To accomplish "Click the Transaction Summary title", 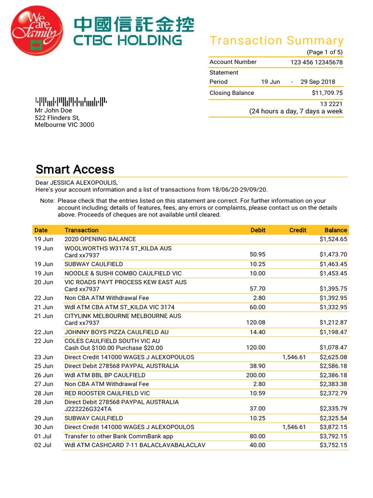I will tap(276, 41).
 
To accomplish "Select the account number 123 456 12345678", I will tap(316, 62).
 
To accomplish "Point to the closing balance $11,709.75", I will tap(327, 93).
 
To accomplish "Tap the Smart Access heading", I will tap(75, 169).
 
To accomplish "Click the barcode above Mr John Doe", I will tap(71, 102).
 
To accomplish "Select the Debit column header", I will tap(258, 230).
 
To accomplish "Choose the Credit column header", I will tap(298, 230).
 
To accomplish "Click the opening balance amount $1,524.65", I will tap(333, 239).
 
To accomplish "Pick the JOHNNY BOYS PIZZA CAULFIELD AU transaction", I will tap(117, 332).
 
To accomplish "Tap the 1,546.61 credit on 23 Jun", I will tap(294, 357).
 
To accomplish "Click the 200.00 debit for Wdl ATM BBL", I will tap(255, 375).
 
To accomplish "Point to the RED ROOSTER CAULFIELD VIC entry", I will tap(107, 393).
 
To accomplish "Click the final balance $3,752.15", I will tap(333, 445).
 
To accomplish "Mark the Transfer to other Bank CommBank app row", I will tap(119, 436).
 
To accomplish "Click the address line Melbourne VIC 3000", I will tap(65, 125).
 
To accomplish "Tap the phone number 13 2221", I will tap(331, 104).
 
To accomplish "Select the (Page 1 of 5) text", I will tap(324, 52).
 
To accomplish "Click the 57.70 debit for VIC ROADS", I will tap(257, 289).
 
